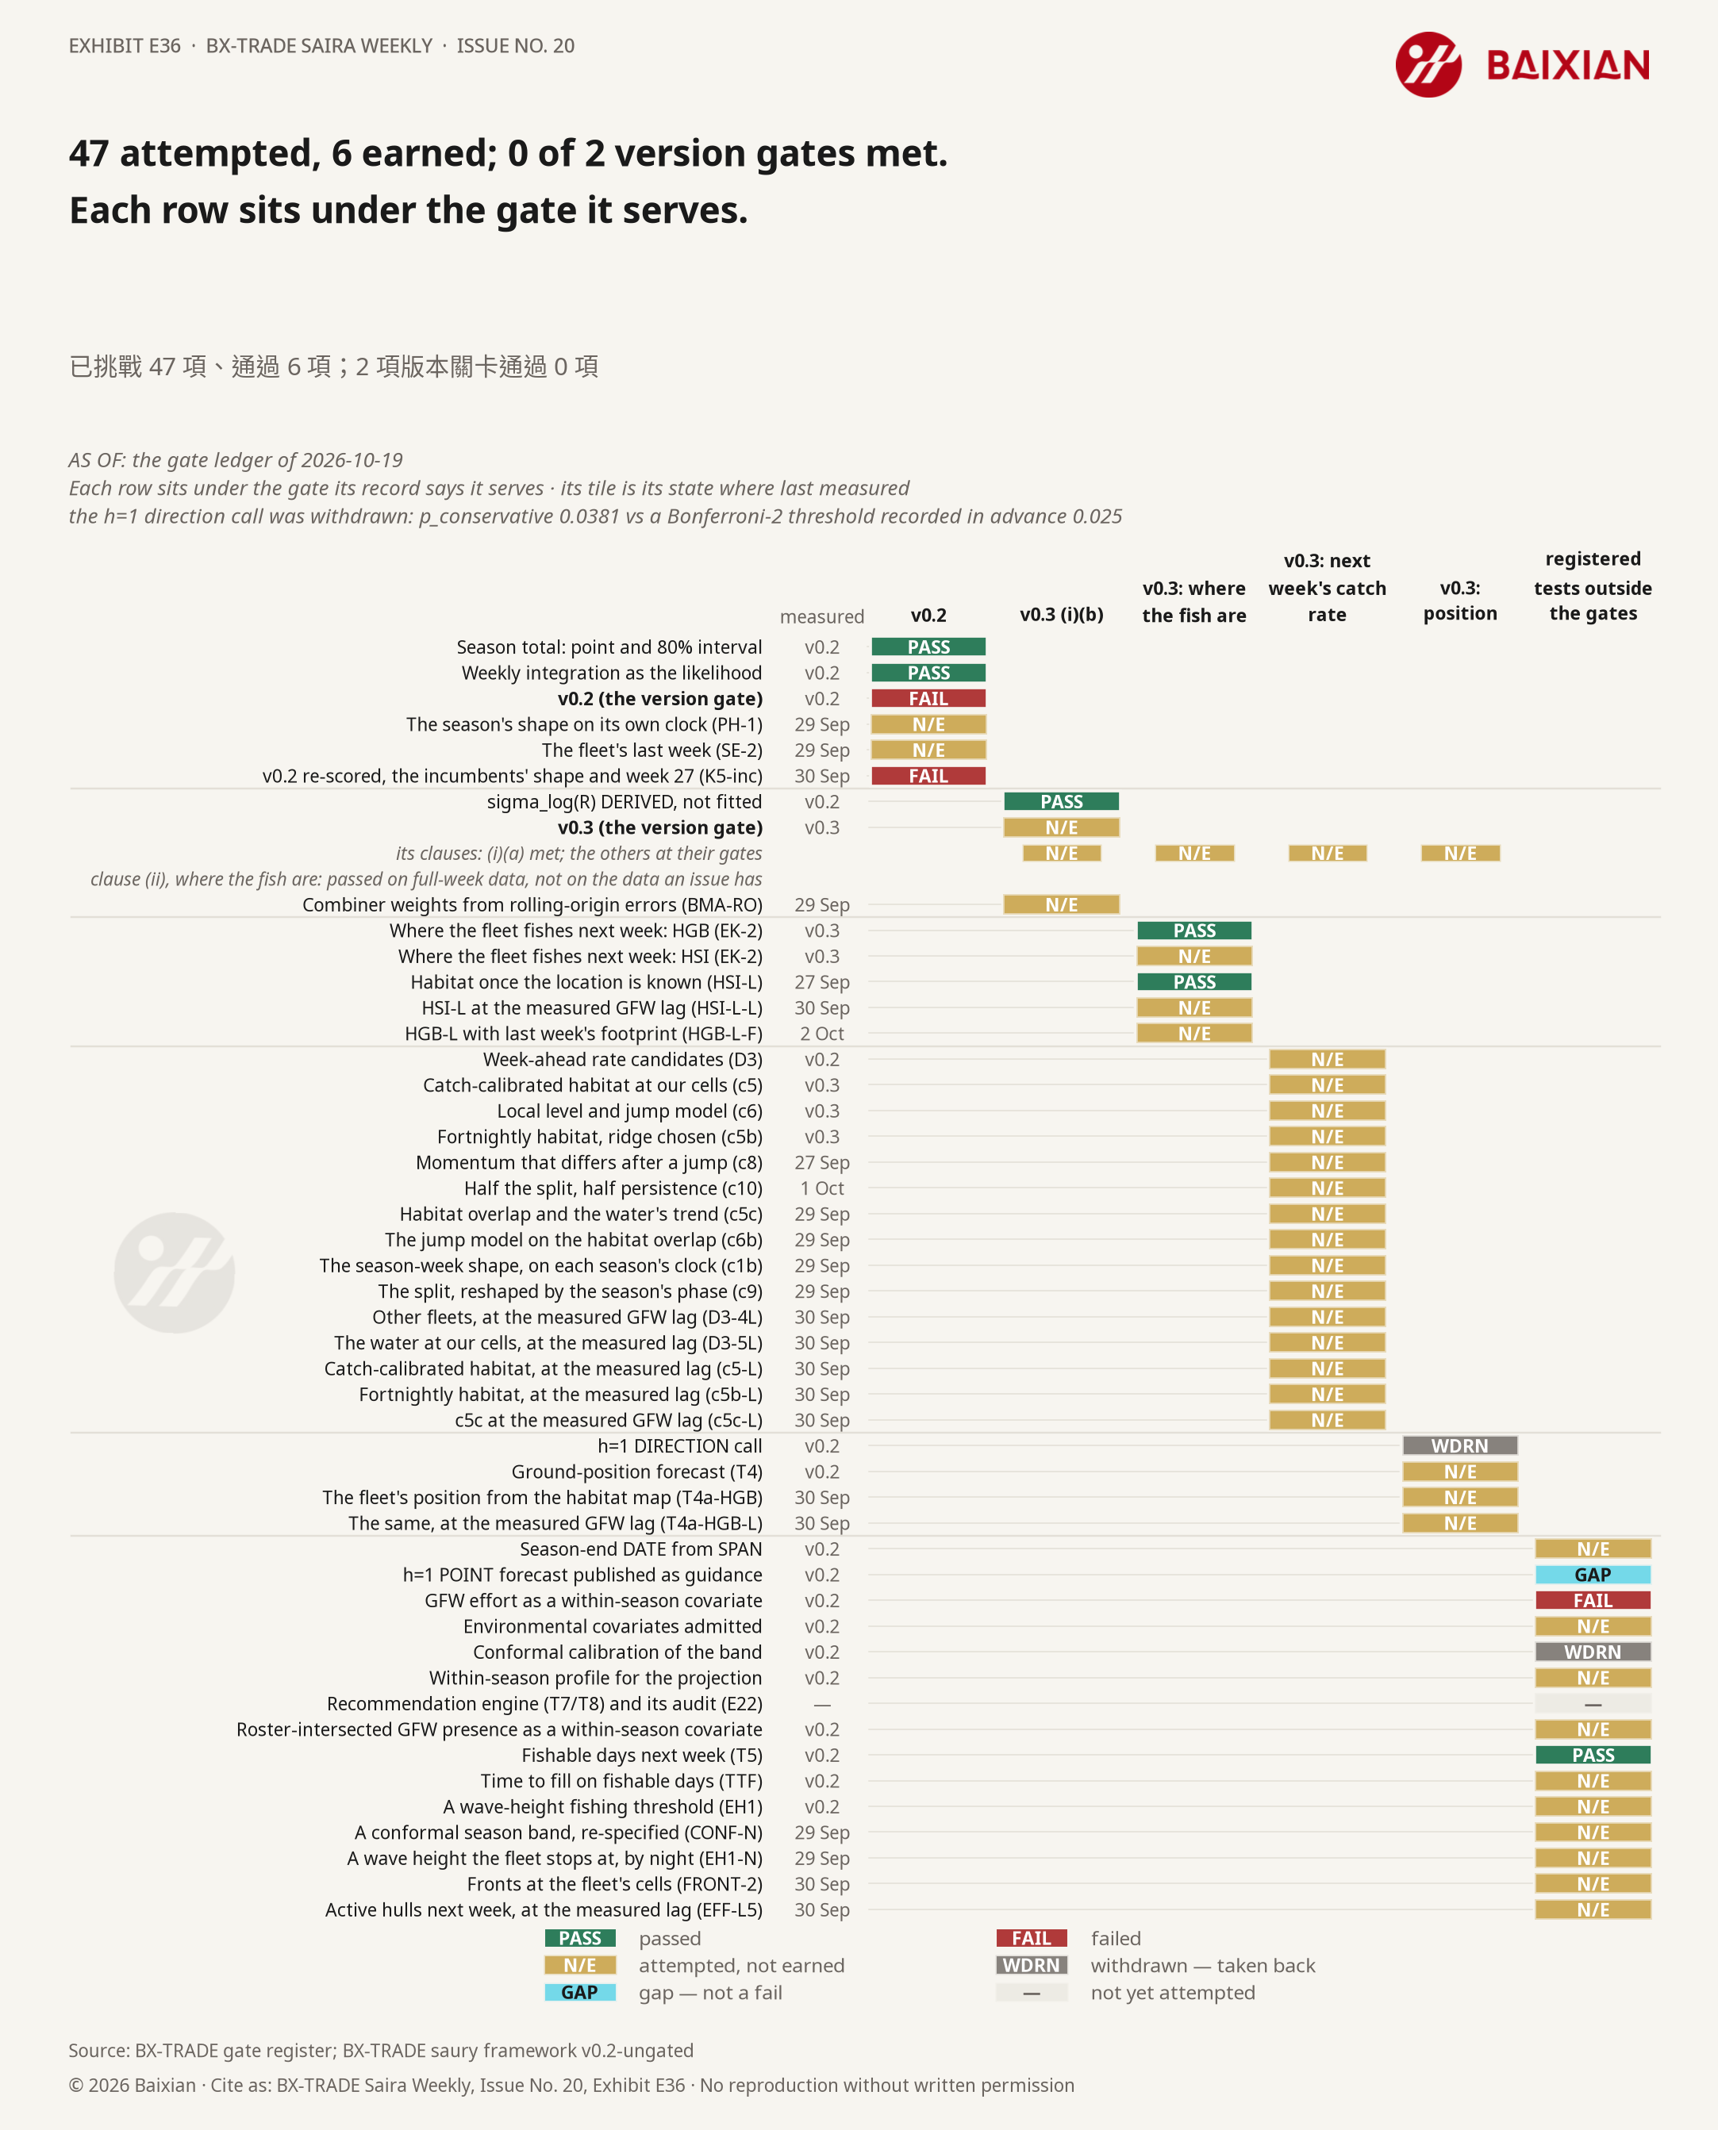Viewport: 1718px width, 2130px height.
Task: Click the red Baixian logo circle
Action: click(1428, 65)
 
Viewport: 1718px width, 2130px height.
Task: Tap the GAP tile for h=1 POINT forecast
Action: click(1593, 1575)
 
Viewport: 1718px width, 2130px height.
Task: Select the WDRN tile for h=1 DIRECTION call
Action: click(1460, 1446)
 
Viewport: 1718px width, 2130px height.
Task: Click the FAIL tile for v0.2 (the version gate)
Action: click(928, 698)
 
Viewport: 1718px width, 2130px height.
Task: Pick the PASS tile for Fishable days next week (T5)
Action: click(1593, 1755)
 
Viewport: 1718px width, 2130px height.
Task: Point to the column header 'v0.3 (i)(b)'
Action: click(1061, 614)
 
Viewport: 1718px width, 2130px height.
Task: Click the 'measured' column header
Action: click(821, 616)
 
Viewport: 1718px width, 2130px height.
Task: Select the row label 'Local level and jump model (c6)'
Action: click(629, 1111)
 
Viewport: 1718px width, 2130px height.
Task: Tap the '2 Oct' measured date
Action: click(821, 1034)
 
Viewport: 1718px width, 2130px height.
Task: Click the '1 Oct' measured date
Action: click(821, 1188)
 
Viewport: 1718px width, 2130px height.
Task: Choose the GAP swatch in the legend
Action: click(580, 1993)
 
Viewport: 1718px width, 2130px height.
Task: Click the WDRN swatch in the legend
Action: click(1031, 1966)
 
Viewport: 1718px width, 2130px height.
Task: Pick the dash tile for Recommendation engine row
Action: click(1593, 1704)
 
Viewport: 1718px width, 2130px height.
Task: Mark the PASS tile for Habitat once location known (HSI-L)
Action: click(1194, 982)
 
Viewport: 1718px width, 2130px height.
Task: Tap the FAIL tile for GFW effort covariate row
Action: click(1593, 1601)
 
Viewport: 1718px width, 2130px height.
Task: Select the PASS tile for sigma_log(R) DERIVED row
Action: click(1061, 801)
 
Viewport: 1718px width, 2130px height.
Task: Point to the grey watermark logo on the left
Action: click(174, 1272)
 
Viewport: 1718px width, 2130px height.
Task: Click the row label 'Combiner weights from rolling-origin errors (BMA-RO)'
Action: click(532, 905)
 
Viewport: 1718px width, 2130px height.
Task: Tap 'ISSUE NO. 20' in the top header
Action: click(516, 45)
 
